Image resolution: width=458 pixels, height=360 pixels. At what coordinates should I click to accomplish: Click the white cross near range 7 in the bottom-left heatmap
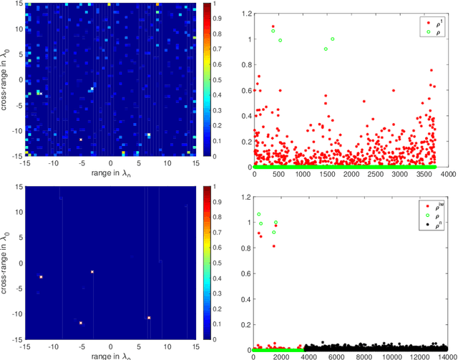coord(149,318)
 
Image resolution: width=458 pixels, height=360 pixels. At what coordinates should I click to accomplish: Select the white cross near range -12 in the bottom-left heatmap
coord(41,277)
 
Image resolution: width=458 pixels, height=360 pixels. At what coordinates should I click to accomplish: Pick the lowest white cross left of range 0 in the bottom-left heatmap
coord(81,323)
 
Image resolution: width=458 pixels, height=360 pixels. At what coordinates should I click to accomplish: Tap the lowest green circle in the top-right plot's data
coord(326,49)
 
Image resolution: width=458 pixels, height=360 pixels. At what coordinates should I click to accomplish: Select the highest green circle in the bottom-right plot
coord(259,214)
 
